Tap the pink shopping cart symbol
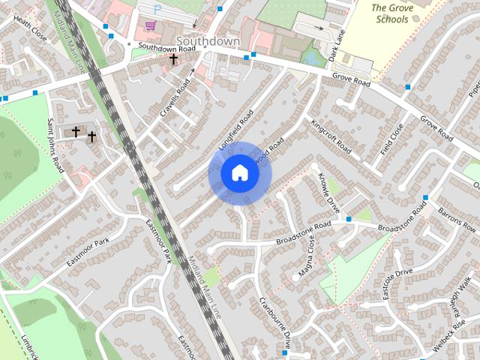point(151,25)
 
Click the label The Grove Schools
point(397,13)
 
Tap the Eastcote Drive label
point(398,283)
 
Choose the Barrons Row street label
point(457,217)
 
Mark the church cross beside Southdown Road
point(174,58)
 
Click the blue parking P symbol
point(157,8)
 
